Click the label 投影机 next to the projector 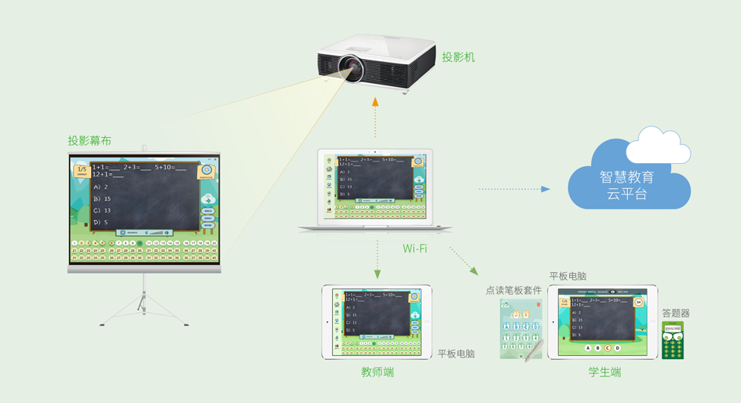(x=458, y=57)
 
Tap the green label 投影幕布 (x=89, y=141)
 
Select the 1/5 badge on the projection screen (x=82, y=171)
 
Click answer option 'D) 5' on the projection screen (x=100, y=223)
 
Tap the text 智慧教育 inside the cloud (x=626, y=177)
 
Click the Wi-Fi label (x=414, y=249)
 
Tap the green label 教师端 (x=378, y=372)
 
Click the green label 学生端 (x=605, y=372)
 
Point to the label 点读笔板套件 (x=513, y=290)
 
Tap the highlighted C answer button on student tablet (x=608, y=348)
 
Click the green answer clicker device (x=673, y=341)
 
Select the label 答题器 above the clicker (x=676, y=314)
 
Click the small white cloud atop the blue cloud (x=663, y=145)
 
